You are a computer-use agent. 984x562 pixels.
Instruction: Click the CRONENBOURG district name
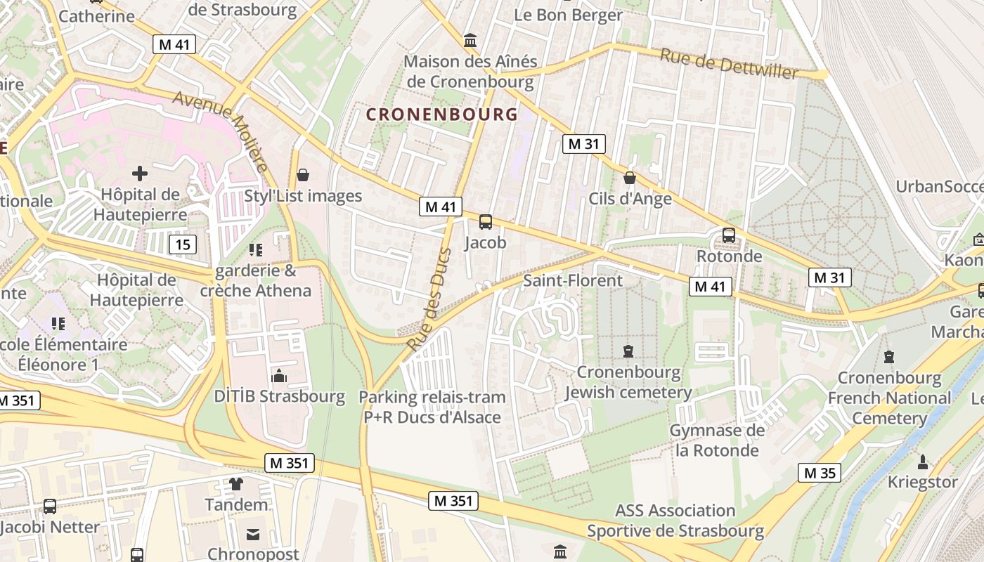[x=442, y=114]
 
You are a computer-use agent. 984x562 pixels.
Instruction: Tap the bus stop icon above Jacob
[x=485, y=222]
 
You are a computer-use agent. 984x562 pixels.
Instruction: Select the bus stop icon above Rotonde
[x=729, y=235]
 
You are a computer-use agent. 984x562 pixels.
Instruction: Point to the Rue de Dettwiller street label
[x=728, y=64]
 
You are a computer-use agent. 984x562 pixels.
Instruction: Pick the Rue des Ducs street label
[x=429, y=298]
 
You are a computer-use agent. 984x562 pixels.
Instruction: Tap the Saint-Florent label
[x=573, y=280]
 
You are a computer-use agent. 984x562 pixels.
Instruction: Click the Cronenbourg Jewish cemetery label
[x=628, y=382]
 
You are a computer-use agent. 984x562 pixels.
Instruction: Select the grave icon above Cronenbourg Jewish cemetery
[x=628, y=351]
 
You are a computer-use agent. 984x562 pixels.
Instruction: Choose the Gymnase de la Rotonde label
[x=717, y=440]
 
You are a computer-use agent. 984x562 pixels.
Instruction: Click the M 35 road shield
[x=820, y=473]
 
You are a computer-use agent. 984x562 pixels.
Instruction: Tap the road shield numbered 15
[x=183, y=244]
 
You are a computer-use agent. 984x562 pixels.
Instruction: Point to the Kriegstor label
[x=923, y=483]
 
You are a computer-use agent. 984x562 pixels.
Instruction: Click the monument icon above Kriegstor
[x=923, y=462]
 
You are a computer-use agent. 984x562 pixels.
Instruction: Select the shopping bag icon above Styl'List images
[x=303, y=175]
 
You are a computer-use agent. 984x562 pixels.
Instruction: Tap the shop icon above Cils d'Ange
[x=630, y=178]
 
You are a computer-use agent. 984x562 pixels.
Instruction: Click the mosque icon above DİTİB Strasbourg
[x=279, y=376]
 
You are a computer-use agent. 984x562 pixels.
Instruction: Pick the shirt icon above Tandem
[x=236, y=483]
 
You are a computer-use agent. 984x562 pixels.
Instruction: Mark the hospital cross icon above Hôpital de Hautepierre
[x=140, y=173]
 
